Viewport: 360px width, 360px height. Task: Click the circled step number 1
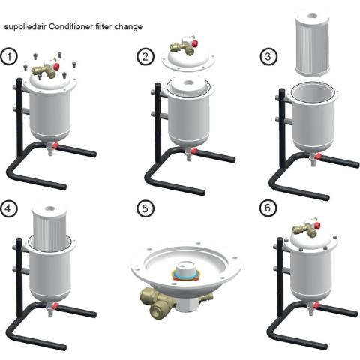click(9, 57)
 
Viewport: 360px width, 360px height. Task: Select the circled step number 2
click(145, 57)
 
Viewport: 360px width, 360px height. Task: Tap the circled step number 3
click(268, 56)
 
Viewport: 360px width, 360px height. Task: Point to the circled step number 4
click(9, 208)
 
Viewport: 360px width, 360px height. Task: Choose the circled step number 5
click(145, 208)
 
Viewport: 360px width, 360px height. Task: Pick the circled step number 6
click(268, 208)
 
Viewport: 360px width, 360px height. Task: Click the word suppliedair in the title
click(25, 27)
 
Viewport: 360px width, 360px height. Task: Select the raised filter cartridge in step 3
click(312, 43)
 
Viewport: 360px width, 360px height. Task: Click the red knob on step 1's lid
click(56, 66)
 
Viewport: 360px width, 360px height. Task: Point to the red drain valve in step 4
click(55, 306)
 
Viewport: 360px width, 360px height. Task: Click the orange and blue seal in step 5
click(185, 275)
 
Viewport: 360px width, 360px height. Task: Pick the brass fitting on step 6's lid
click(304, 230)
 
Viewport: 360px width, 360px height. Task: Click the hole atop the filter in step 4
click(50, 208)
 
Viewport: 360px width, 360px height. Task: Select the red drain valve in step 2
click(193, 151)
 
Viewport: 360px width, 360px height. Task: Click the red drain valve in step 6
click(316, 305)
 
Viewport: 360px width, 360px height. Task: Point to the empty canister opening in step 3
click(313, 93)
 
